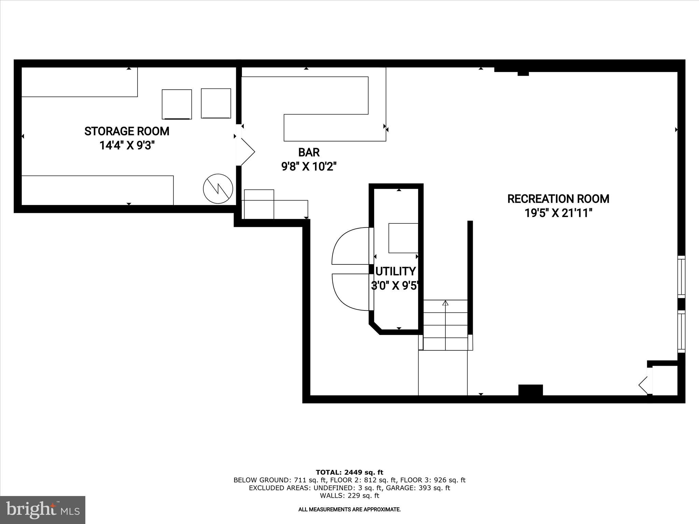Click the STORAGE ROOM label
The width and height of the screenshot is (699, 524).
(127, 131)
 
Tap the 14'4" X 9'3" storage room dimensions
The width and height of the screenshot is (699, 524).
(127, 146)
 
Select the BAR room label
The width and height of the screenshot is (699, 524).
(309, 152)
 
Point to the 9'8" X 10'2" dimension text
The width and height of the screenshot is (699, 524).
(309, 167)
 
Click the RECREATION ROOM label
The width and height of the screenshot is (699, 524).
(558, 199)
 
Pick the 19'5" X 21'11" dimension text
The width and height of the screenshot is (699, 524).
(558, 213)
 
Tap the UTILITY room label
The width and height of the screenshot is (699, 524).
(396, 272)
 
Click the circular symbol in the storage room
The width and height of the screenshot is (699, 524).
(218, 189)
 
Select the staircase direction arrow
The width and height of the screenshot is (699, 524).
(445, 303)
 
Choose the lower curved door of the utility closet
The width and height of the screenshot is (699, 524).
(350, 292)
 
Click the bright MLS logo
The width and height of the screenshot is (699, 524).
(43, 510)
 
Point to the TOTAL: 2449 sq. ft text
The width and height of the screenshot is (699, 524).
(349, 472)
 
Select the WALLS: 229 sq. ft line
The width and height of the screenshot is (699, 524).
(349, 496)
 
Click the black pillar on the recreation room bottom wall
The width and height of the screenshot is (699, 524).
(530, 390)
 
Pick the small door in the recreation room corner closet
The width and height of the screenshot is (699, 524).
(644, 385)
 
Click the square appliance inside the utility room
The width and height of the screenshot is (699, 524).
(403, 238)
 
